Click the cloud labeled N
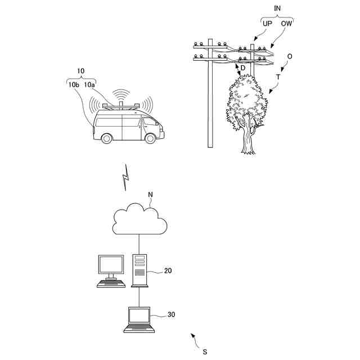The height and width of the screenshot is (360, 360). click(x=139, y=220)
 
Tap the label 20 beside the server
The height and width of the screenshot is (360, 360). click(x=168, y=271)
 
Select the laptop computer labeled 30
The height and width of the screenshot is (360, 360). click(x=139, y=319)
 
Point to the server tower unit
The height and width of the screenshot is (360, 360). click(x=139, y=270)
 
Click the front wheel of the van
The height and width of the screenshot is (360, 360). click(x=150, y=138)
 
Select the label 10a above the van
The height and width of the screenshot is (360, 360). click(x=90, y=84)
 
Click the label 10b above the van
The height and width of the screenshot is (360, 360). click(x=73, y=84)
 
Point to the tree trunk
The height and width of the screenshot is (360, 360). click(x=248, y=141)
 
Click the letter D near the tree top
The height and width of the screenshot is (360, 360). click(x=242, y=68)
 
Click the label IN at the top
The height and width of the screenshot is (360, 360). click(x=277, y=8)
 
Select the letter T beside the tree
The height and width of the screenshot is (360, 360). click(x=277, y=76)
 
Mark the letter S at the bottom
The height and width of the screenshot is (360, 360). click(x=205, y=352)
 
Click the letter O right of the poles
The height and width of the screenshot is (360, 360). click(x=290, y=57)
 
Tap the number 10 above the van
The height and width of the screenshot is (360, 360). click(x=80, y=71)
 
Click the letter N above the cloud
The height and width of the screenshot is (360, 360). click(x=150, y=195)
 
